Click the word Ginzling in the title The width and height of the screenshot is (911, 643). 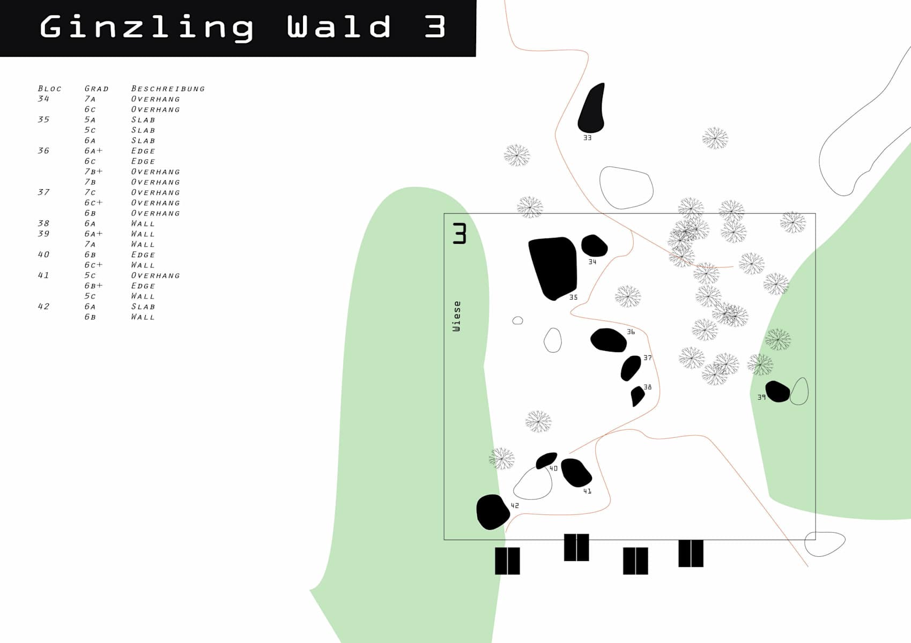tap(146, 28)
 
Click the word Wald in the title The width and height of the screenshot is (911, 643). tap(339, 27)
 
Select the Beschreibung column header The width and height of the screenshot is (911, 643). tap(168, 88)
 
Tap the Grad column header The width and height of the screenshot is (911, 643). tap(97, 88)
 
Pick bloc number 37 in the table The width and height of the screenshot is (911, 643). tap(43, 192)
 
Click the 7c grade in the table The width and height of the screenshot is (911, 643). tap(90, 192)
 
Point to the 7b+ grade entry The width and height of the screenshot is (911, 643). tap(93, 171)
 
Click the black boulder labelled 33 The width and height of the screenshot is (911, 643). tap(591, 109)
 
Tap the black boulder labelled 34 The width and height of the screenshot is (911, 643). tap(594, 245)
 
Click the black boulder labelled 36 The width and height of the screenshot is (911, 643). tap(609, 340)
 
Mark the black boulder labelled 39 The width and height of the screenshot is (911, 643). tap(777, 391)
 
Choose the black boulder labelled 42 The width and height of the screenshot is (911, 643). tap(493, 512)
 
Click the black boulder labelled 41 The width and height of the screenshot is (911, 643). tap(576, 473)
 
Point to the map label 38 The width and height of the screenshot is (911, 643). tap(648, 387)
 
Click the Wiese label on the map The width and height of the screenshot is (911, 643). tap(457, 316)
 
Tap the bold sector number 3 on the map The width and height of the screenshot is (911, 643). tap(460, 233)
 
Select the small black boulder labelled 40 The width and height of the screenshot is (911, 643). tap(546, 460)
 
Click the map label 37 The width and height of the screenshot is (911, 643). tap(648, 358)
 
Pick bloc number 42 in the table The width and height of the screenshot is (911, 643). tap(43, 306)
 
